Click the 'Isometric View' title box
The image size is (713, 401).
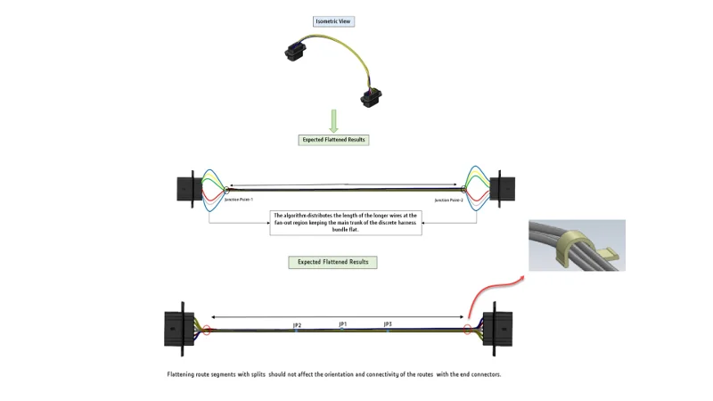333,21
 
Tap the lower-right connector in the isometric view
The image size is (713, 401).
371,95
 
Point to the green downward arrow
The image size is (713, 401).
333,120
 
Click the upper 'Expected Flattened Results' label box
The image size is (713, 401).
332,140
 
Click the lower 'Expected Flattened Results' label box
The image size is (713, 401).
332,262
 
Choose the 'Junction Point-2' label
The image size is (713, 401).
449,200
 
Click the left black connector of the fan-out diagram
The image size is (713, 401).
186,189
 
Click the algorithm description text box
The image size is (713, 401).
345,222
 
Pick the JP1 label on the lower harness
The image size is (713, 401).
343,323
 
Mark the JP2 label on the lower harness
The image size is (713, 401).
297,325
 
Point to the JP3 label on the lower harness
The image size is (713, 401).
388,324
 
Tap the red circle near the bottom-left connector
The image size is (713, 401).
207,330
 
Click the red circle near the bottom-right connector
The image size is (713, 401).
467,330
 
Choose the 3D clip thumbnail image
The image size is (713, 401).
577,245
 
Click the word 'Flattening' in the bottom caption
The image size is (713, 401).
182,374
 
